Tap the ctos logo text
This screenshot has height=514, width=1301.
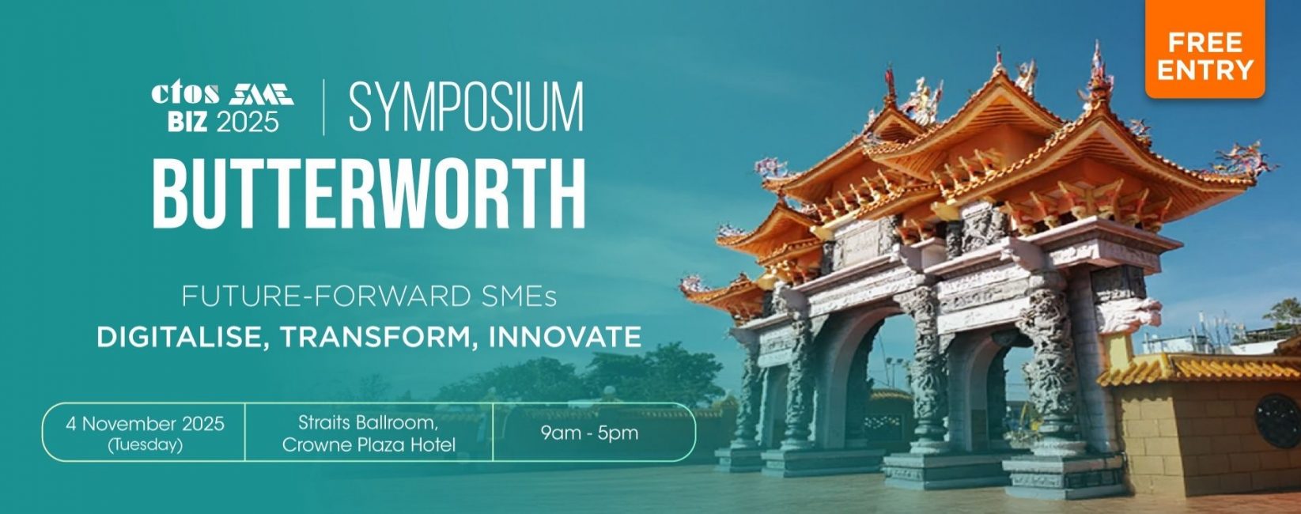pyautogui.click(x=186, y=93)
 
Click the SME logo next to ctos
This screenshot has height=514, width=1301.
pyautogui.click(x=261, y=94)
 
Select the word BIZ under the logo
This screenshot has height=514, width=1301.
pyautogui.click(x=187, y=122)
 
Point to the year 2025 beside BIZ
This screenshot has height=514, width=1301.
pyautogui.click(x=247, y=122)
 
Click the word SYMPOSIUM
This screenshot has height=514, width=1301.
pyautogui.click(x=465, y=108)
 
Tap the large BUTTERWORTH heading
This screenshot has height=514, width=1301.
pyautogui.click(x=369, y=194)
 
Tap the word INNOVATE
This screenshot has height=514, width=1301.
pyautogui.click(x=565, y=337)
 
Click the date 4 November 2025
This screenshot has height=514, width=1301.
pyautogui.click(x=145, y=423)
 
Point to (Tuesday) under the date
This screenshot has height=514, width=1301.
pyautogui.click(x=146, y=445)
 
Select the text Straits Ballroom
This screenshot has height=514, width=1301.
pyautogui.click(x=369, y=422)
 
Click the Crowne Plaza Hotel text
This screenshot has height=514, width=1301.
pyautogui.click(x=369, y=445)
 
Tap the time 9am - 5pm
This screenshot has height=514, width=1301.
pyautogui.click(x=589, y=433)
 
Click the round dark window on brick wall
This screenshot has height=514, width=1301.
pyautogui.click(x=1278, y=421)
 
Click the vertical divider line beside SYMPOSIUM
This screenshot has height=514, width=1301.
pyautogui.click(x=323, y=108)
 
